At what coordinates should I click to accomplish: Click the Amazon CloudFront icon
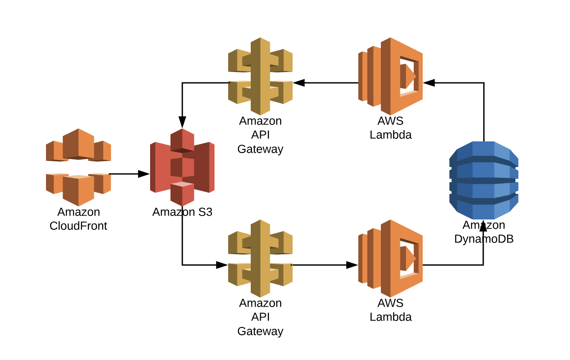point(79,167)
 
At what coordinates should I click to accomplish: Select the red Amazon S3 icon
point(182,167)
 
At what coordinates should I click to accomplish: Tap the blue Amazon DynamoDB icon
point(484,180)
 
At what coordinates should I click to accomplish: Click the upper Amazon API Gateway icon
point(260,71)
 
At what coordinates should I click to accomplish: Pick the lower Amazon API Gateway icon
point(260,253)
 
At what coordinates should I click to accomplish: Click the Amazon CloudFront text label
point(79,219)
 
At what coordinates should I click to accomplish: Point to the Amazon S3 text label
point(182,212)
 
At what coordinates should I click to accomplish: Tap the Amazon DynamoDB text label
point(484,232)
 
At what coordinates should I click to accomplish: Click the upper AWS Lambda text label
point(390,128)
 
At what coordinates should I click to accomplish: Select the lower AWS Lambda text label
point(390,310)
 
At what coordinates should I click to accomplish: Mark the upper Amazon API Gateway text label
point(260,135)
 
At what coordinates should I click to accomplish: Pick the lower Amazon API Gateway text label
point(260,317)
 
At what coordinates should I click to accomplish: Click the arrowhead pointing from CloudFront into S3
point(144,174)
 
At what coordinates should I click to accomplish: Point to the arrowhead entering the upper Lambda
point(429,83)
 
